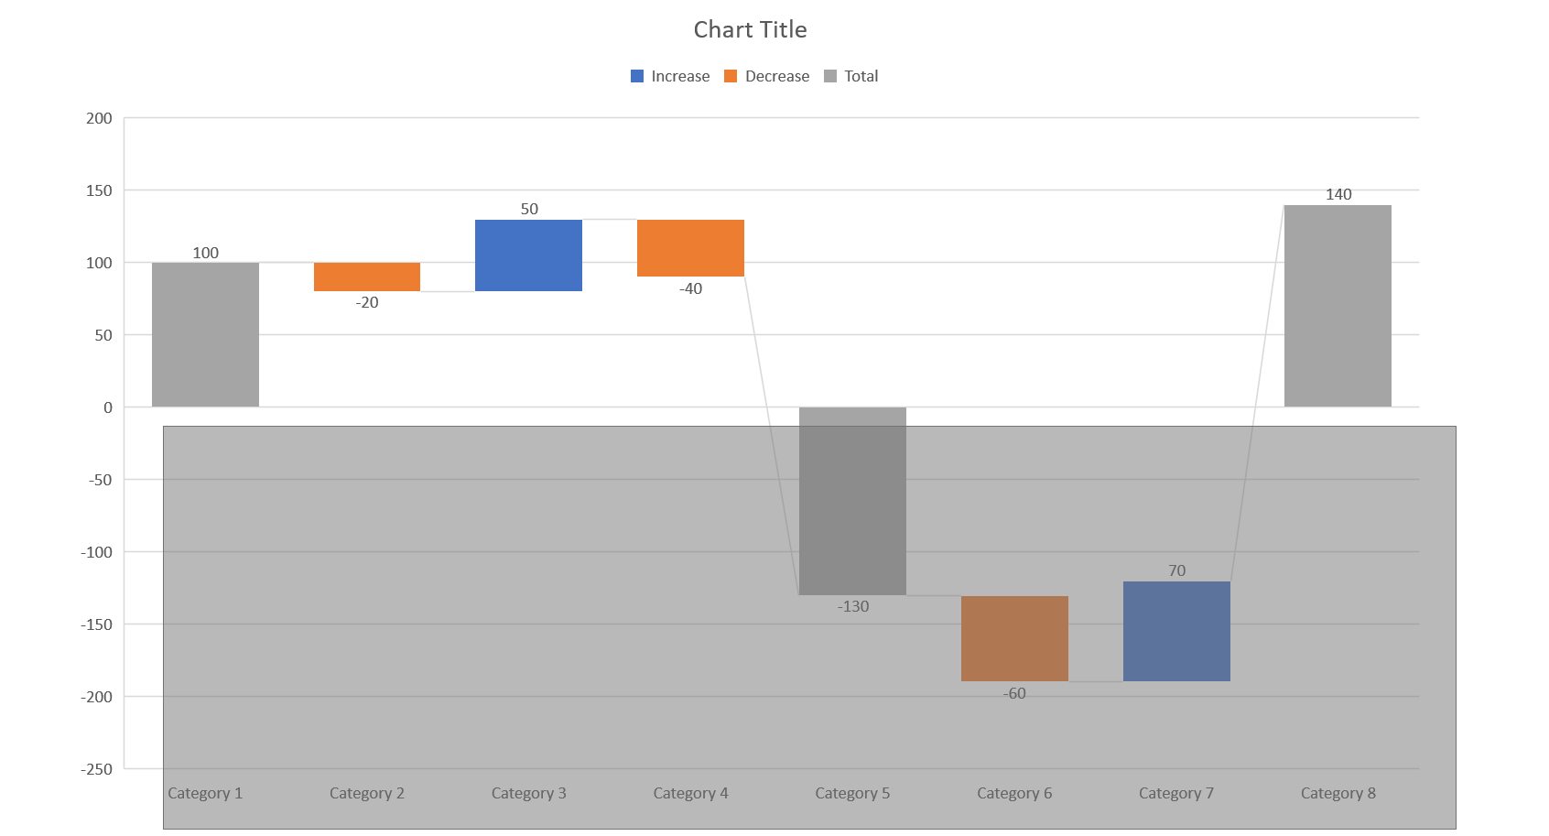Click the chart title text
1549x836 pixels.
750,29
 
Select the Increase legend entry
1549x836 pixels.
670,76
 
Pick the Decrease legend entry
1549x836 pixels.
767,76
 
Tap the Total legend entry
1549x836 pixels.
851,76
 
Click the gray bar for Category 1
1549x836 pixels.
205,334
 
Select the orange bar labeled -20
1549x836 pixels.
366,277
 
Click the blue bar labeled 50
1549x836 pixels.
528,255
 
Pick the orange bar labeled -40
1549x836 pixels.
690,247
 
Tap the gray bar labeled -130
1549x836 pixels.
852,501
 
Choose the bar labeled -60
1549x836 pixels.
1014,638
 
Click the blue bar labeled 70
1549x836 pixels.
1176,631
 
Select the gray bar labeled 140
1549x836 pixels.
1338,306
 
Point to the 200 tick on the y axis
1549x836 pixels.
99,118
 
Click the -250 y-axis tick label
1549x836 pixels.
96,769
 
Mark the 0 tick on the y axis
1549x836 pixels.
108,407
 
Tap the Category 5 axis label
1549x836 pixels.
852,793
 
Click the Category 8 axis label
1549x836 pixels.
1338,793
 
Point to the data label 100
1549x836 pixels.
205,253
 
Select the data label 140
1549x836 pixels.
1338,194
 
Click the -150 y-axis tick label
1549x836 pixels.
96,624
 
